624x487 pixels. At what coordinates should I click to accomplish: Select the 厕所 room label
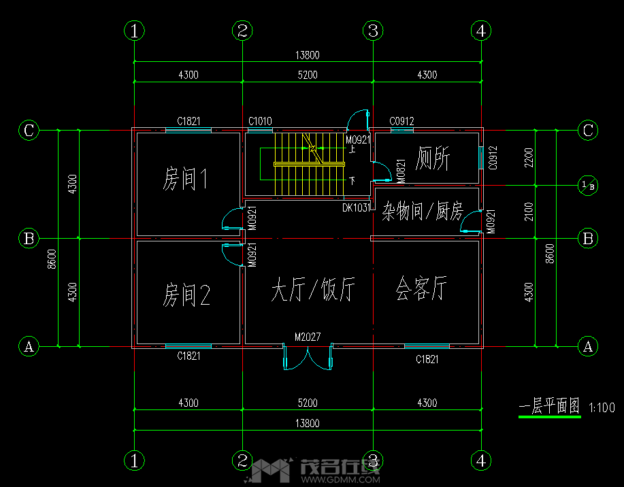(433, 158)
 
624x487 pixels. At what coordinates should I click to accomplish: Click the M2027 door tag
(308, 337)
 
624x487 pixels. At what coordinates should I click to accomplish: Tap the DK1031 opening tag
(356, 207)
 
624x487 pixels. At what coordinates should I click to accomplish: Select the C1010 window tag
(260, 122)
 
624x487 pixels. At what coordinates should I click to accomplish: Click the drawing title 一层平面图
(549, 407)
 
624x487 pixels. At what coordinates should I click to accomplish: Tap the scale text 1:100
(602, 408)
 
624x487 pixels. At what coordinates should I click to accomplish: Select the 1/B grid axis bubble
(588, 185)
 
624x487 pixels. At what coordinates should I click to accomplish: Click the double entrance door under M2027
(308, 358)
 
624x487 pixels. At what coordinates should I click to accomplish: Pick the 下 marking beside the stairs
(352, 180)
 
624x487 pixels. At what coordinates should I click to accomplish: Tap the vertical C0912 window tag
(493, 158)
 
